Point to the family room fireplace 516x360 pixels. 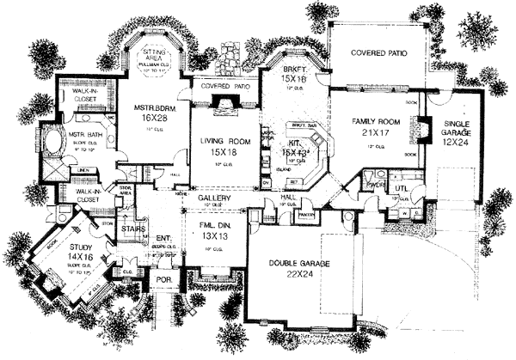pyautogui.click(x=422, y=130)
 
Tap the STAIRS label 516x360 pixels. pyautogui.click(x=133, y=230)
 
